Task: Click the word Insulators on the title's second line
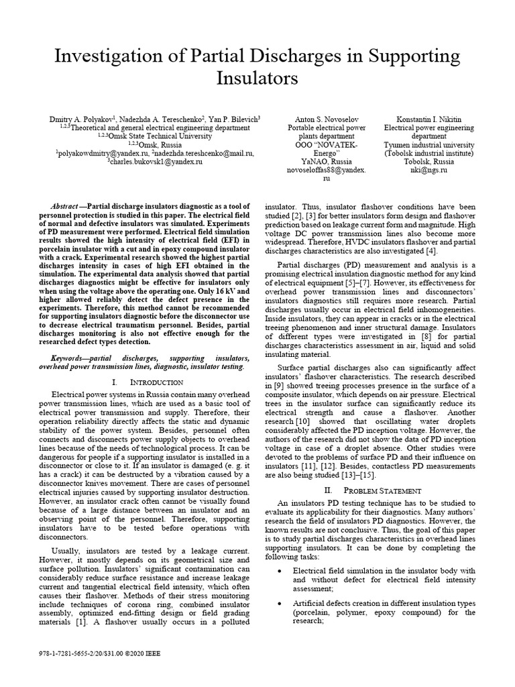257,78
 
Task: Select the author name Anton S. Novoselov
327,118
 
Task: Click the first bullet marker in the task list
279,570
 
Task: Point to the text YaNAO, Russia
327,162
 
